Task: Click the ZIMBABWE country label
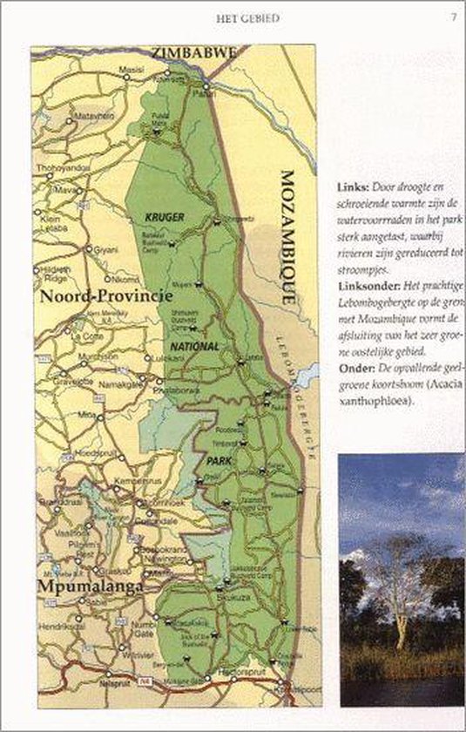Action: [x=193, y=53]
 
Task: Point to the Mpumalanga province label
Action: [x=90, y=587]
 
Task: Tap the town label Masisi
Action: [x=132, y=69]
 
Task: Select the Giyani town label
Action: [x=106, y=248]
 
